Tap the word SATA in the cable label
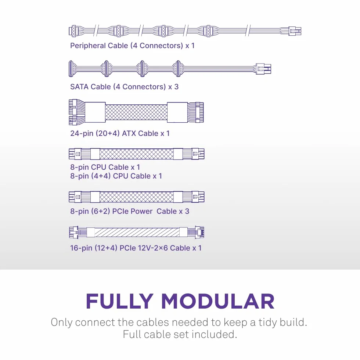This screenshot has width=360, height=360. click(x=79, y=87)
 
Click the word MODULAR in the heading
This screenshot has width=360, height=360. click(x=218, y=301)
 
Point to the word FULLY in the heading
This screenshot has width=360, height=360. click(x=120, y=301)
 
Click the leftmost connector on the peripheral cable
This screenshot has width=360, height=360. click(x=73, y=31)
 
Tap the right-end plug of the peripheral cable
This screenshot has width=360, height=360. click(x=295, y=31)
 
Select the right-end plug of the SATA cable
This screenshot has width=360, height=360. click(x=264, y=69)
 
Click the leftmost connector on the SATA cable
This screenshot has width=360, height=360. click(x=71, y=69)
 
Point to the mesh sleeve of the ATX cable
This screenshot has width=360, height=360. click(x=136, y=112)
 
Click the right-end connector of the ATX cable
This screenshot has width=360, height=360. click(x=199, y=112)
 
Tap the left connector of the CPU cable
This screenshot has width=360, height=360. click(x=75, y=154)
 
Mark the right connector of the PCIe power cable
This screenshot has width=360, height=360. click(x=198, y=197)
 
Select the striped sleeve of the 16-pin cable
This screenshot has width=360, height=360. click(x=137, y=232)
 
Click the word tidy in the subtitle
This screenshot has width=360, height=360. click(x=267, y=323)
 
